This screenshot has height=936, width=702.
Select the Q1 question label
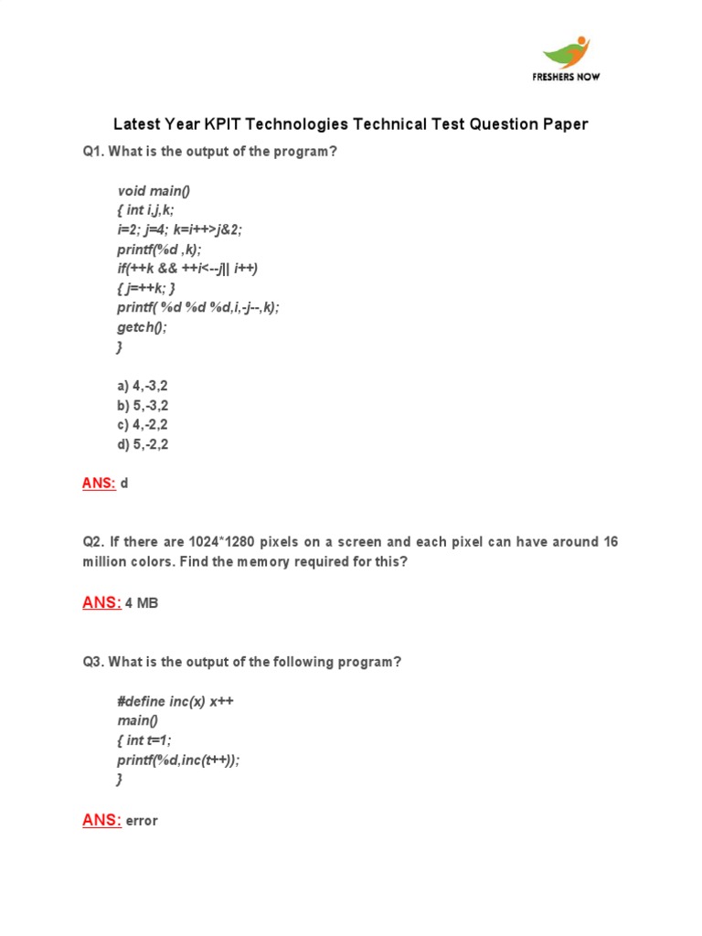tap(93, 152)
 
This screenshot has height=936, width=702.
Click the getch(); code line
tap(143, 328)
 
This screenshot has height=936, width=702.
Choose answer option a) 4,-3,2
tap(143, 387)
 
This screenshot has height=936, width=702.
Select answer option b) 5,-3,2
tap(143, 406)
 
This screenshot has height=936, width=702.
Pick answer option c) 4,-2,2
tap(143, 425)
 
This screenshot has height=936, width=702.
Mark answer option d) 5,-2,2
tap(143, 445)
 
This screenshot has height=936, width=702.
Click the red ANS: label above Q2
tap(99, 483)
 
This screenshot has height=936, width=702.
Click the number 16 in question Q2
tap(611, 542)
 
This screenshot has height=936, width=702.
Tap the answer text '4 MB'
tap(142, 603)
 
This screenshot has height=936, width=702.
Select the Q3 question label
tap(93, 661)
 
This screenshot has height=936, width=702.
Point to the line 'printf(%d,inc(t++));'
tap(178, 760)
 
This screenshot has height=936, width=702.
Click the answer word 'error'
tap(142, 821)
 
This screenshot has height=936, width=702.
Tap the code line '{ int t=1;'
tap(144, 740)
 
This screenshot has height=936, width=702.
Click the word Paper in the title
tap(566, 124)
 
